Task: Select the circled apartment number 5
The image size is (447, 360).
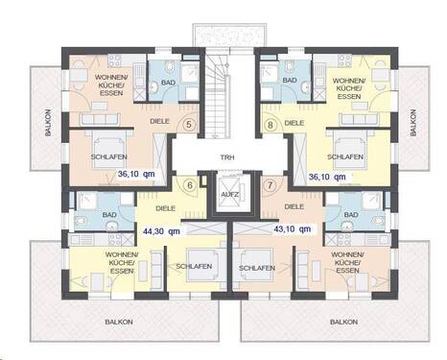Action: (x=188, y=125)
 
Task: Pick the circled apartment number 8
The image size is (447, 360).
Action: (x=271, y=125)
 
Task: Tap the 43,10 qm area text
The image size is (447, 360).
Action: (x=292, y=230)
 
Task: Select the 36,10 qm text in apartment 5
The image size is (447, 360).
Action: (x=136, y=175)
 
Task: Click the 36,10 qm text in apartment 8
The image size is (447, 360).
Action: (x=327, y=177)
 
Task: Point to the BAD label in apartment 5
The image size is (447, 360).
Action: (x=167, y=84)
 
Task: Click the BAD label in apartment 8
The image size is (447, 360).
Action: (x=289, y=84)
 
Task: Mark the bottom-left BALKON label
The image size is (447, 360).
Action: (x=119, y=323)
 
